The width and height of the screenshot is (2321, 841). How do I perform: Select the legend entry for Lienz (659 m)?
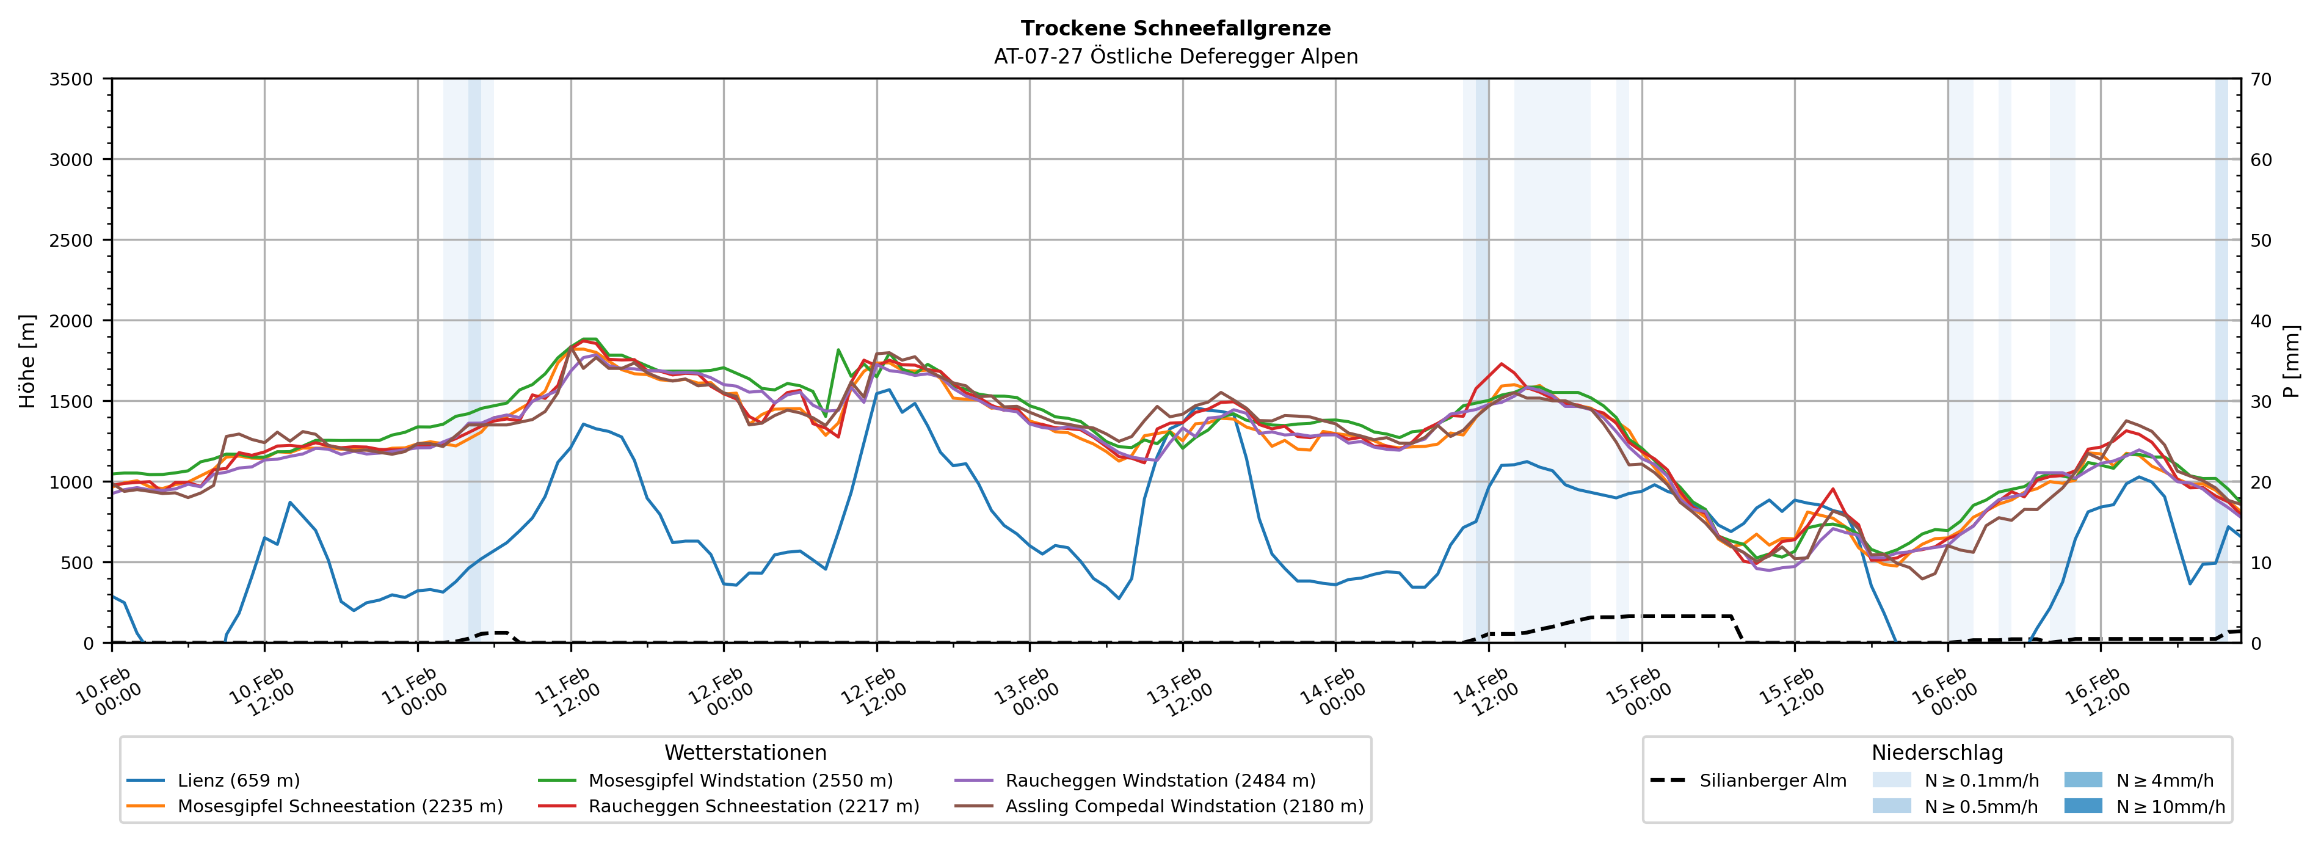238,781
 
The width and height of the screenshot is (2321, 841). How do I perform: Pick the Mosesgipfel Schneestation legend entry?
340,806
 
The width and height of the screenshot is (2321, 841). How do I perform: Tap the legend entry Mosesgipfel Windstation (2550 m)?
739,781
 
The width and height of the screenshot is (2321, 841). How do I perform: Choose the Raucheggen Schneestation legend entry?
754,806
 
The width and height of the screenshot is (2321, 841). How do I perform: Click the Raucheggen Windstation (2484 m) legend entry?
1160,781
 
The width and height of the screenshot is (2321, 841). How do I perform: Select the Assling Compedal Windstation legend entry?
1184,806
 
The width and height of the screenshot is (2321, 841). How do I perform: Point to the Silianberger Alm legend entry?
1772,781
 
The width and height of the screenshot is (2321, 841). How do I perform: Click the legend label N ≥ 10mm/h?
2170,806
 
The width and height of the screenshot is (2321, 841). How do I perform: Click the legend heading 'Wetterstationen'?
745,752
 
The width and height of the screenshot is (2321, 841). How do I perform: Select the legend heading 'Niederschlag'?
1937,752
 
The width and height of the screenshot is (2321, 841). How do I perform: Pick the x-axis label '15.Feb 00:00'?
1637,692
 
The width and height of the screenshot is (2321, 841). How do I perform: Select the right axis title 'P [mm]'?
2291,360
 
